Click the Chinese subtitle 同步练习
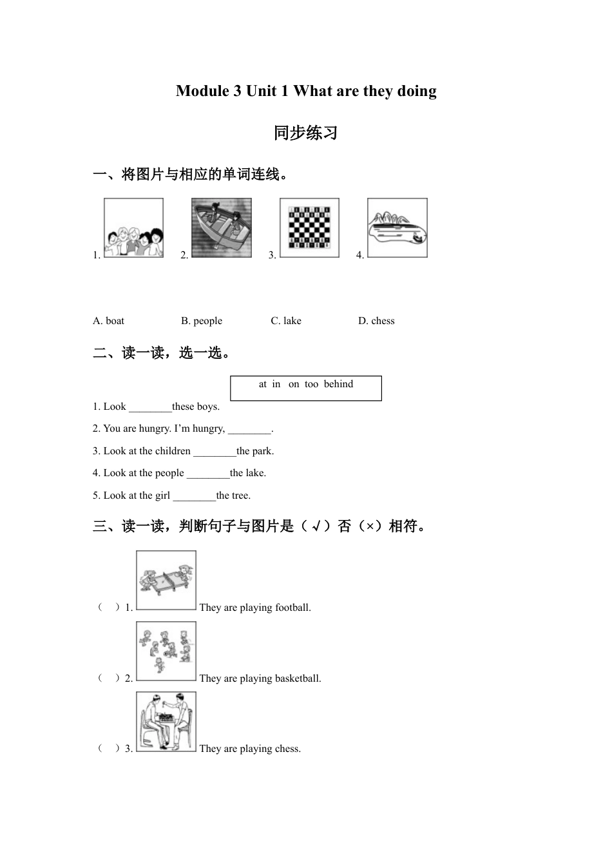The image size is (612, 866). click(x=305, y=133)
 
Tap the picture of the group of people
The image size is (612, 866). click(x=133, y=228)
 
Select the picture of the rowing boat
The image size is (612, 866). click(x=221, y=228)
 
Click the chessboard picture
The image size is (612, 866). click(x=309, y=227)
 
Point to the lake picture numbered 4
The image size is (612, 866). click(x=397, y=228)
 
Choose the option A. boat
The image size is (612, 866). click(x=108, y=321)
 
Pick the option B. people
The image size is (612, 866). click(x=201, y=321)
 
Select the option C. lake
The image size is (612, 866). click(x=285, y=321)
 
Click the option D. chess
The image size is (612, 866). click(x=376, y=321)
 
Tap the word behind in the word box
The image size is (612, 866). click(x=338, y=384)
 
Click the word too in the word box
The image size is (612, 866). click(x=311, y=384)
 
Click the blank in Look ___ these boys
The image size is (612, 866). click(x=150, y=407)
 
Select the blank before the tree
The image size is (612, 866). click(x=194, y=496)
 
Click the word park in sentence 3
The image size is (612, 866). click(x=262, y=451)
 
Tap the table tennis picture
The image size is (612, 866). click(x=166, y=580)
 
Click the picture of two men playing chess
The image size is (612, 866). click(x=166, y=722)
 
